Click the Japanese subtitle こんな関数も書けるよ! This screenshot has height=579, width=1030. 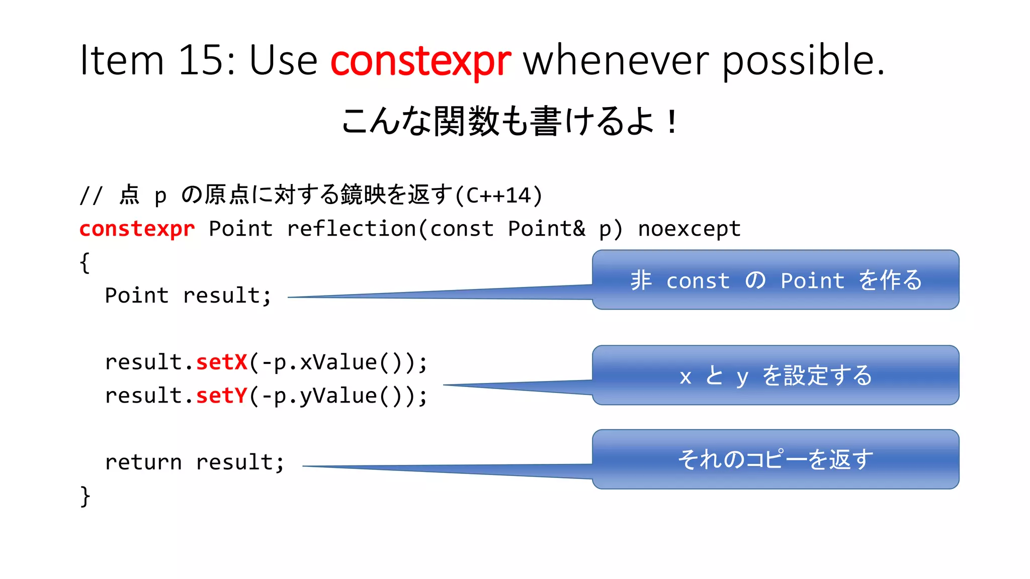click(x=509, y=122)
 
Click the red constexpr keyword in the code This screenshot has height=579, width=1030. click(x=137, y=229)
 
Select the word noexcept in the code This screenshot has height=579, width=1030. click(x=689, y=229)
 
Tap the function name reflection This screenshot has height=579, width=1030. click(x=351, y=229)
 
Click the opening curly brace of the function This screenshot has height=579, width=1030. click(x=85, y=262)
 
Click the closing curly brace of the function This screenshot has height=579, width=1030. click(x=85, y=496)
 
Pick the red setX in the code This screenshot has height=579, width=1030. click(x=221, y=362)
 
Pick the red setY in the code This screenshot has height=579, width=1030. click(x=221, y=396)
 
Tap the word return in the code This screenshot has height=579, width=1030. click(x=143, y=462)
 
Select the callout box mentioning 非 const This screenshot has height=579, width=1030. click(x=775, y=279)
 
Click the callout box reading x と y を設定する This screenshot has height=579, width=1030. click(x=775, y=375)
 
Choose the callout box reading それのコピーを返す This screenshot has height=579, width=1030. click(x=775, y=459)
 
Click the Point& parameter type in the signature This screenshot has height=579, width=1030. click(x=546, y=229)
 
